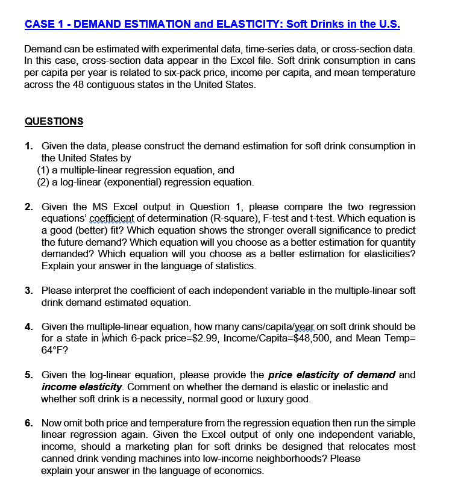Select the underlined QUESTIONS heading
click(54, 121)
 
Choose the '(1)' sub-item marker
click(45, 170)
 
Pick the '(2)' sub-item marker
click(45, 182)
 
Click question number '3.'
click(29, 290)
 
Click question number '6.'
click(29, 423)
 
